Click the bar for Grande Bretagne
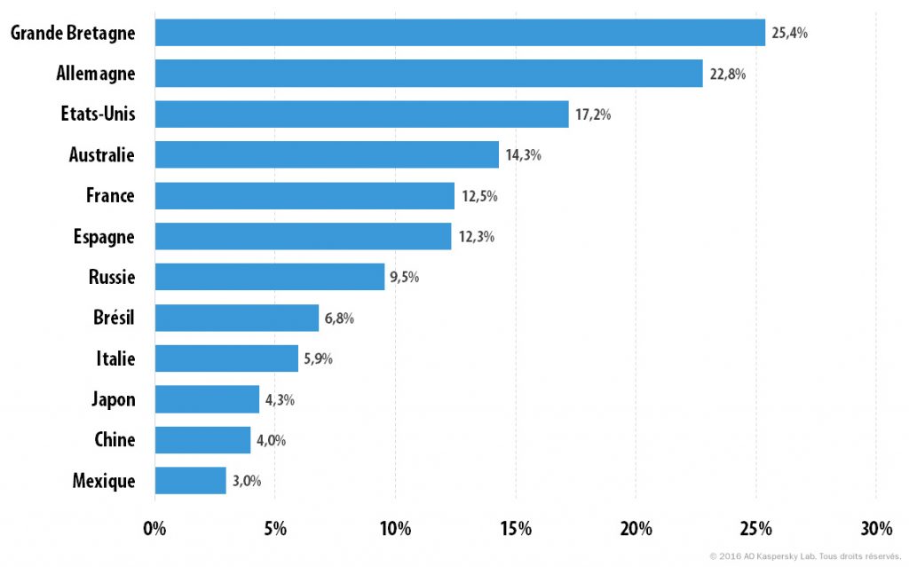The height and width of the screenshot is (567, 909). click(x=460, y=33)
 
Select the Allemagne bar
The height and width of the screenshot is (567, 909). click(x=429, y=73)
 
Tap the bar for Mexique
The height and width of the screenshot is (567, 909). click(x=190, y=481)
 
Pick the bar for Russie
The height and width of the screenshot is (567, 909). click(x=270, y=277)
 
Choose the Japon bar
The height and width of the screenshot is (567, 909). click(x=207, y=399)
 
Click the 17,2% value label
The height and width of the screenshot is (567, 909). click(x=593, y=114)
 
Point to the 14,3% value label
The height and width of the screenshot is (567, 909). click(x=524, y=154)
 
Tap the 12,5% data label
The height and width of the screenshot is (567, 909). click(x=479, y=196)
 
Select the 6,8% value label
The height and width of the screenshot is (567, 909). click(x=339, y=318)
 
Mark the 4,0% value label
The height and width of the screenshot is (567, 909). click(x=272, y=440)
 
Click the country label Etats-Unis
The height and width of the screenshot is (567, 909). click(x=98, y=114)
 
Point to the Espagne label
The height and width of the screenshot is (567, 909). click(x=104, y=237)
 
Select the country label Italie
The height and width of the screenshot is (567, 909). click(x=116, y=358)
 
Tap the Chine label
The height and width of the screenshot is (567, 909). click(x=115, y=439)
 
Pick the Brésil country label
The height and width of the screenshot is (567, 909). click(x=114, y=317)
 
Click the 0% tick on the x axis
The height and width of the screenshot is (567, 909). click(x=154, y=528)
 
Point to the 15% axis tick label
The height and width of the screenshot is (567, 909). click(x=516, y=528)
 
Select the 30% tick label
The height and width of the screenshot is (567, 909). click(x=876, y=528)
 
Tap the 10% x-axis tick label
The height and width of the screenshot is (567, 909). click(x=395, y=528)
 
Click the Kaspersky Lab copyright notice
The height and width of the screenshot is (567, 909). click(x=806, y=556)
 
